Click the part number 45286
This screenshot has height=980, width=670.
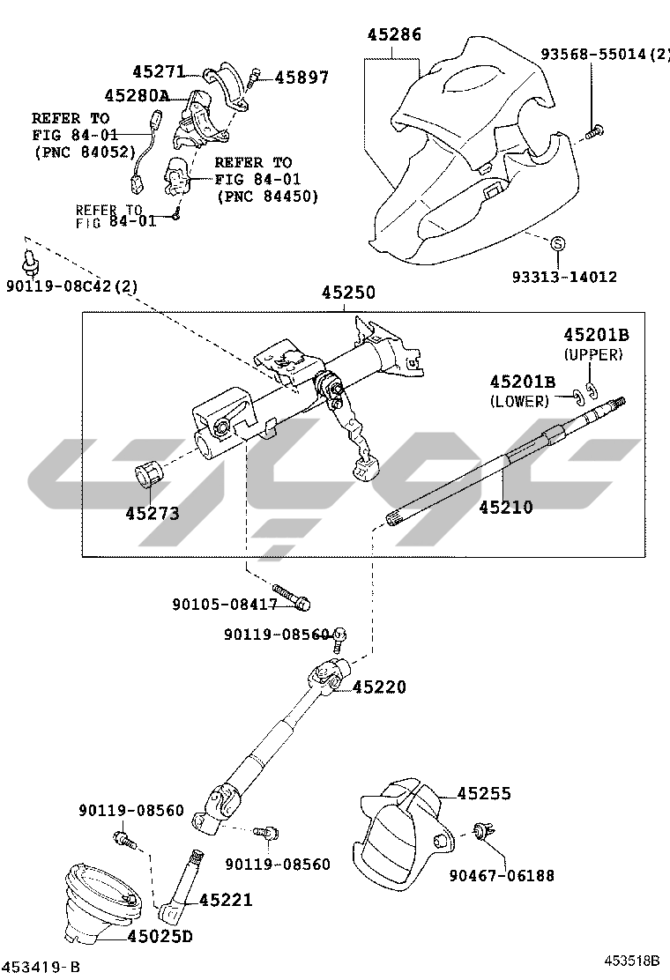(394, 35)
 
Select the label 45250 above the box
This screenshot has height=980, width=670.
(347, 293)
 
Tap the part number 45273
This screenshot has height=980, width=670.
(152, 512)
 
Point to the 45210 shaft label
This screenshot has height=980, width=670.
(506, 507)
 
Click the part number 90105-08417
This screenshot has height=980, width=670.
(225, 605)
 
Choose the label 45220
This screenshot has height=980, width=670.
(380, 687)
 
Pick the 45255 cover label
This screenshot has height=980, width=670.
(484, 794)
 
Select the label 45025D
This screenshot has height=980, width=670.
(159, 936)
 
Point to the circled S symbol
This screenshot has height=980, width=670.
(558, 243)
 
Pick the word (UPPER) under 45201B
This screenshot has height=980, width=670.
(593, 354)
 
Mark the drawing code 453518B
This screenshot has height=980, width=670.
(631, 961)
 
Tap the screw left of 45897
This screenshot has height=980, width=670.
(254, 77)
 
